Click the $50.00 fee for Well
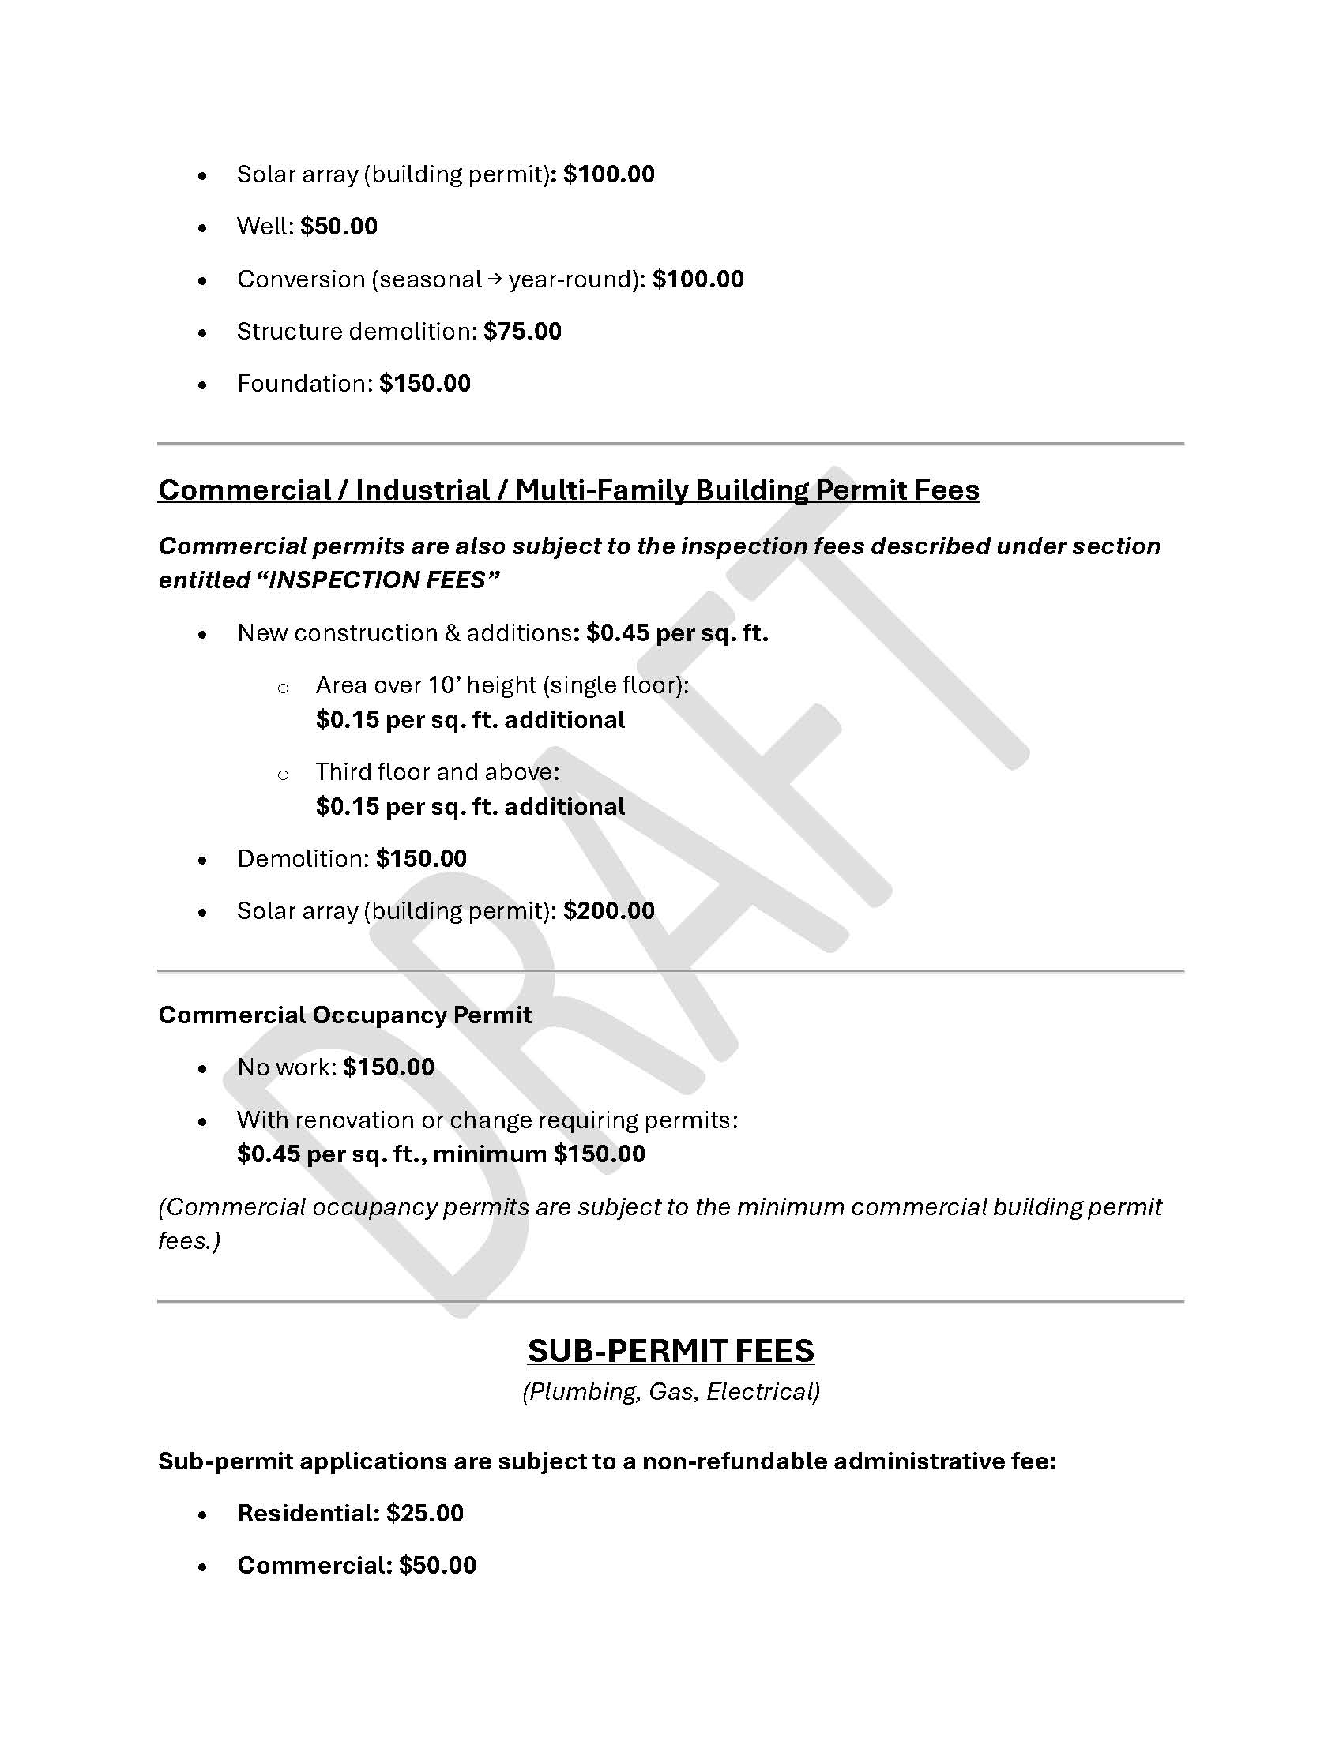click(x=339, y=227)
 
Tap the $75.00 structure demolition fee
click(x=522, y=332)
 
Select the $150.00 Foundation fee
click(x=425, y=385)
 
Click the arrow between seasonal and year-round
click(x=495, y=279)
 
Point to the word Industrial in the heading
click(x=423, y=490)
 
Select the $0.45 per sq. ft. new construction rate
click(x=677, y=633)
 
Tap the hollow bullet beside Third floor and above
click(x=283, y=775)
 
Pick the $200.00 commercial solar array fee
click(x=608, y=911)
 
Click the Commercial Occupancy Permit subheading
click(x=344, y=1015)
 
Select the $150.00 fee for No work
click(x=389, y=1067)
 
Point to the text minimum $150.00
click(x=539, y=1154)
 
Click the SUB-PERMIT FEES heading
click(x=671, y=1351)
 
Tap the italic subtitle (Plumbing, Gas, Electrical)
click(x=671, y=1392)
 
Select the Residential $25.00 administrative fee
click(x=350, y=1514)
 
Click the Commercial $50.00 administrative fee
click(x=356, y=1566)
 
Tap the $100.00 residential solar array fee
click(x=608, y=175)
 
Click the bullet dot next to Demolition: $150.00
click(x=203, y=861)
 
